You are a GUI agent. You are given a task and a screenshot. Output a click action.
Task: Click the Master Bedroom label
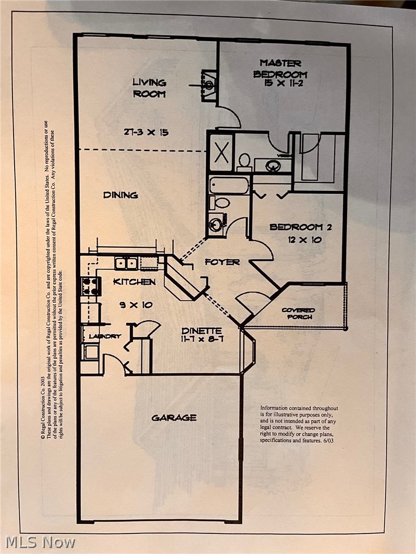coord(280,69)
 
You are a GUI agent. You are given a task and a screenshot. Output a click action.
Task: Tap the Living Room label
coord(149,88)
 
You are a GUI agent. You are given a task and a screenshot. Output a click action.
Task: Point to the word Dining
coord(120,195)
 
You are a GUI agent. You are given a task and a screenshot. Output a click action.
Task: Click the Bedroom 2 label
coord(301,227)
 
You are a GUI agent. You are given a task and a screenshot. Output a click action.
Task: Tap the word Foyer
coord(222,262)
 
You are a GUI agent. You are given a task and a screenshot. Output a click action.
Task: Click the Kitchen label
coord(134,282)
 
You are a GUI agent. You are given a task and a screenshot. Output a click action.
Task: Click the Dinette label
coord(201,331)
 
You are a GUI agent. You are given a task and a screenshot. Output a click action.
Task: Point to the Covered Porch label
coord(298,313)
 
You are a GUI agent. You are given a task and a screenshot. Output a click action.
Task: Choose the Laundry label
coord(105,336)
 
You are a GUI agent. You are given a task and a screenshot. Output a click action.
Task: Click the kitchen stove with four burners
coord(90,286)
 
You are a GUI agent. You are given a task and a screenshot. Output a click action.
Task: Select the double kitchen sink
coord(126,263)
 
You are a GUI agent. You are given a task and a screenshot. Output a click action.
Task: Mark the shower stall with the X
coord(221,153)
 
